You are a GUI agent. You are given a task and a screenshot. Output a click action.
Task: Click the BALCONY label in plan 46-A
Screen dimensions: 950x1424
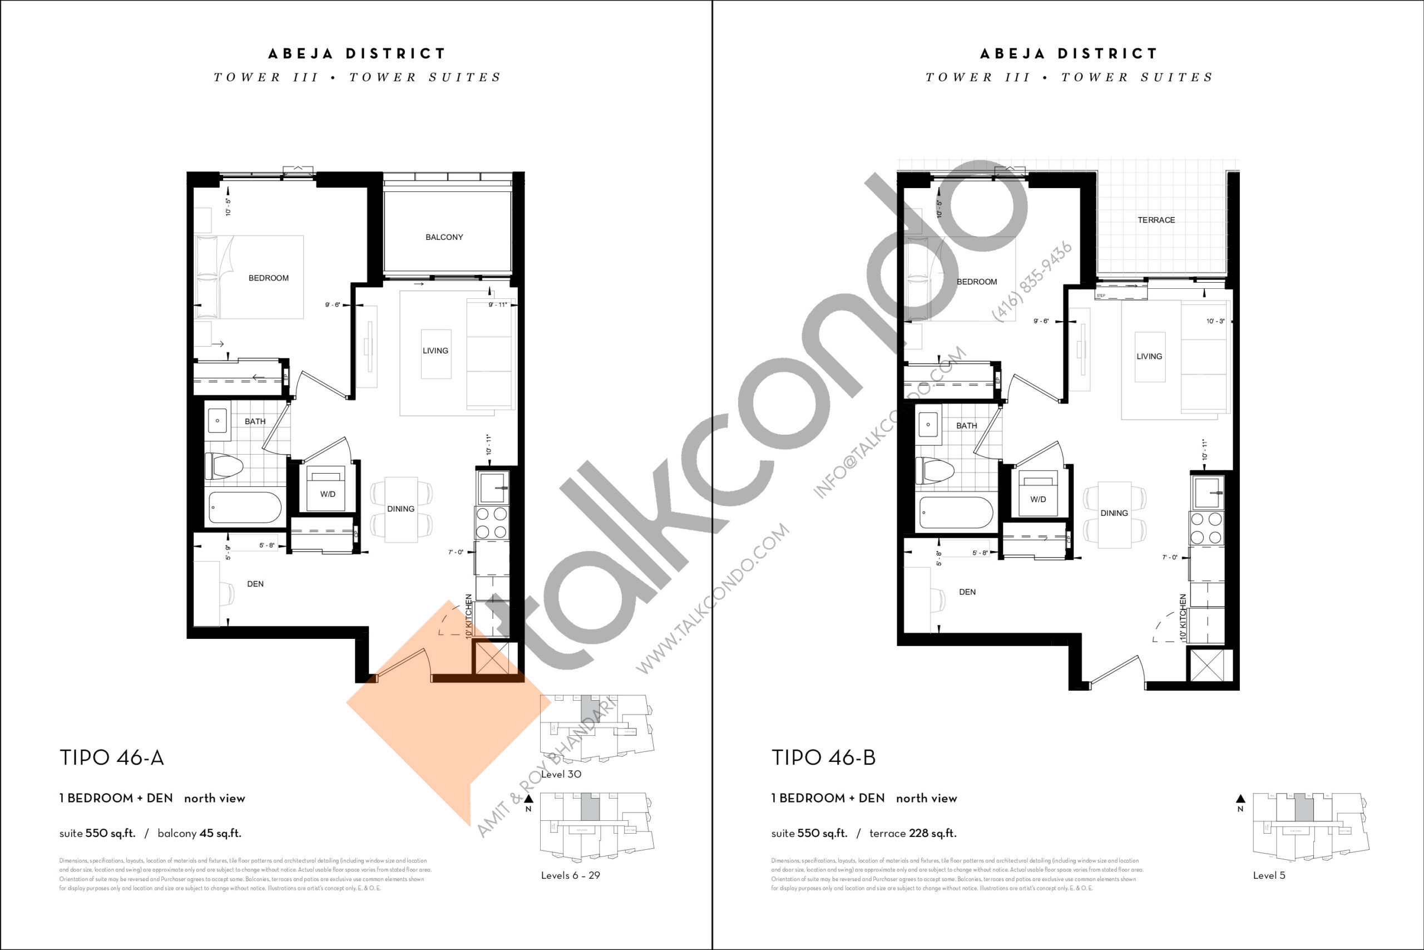pos(444,238)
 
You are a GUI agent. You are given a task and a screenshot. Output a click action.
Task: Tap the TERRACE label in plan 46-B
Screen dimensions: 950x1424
pos(1156,220)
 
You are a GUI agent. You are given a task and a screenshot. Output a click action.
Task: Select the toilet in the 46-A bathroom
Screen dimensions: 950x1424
pos(225,467)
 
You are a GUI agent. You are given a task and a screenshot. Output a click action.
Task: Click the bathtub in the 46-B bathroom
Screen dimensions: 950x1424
pos(956,513)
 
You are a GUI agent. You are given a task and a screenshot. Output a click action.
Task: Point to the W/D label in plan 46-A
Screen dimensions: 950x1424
pos(328,494)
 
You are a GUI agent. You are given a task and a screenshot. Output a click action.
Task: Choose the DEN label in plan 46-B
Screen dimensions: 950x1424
pos(967,592)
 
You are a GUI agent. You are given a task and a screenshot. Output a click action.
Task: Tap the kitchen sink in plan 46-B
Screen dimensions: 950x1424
pos(1207,491)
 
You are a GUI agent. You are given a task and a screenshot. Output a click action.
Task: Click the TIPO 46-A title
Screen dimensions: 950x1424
pos(111,758)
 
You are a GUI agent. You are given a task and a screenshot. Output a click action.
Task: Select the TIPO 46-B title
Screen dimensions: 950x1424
pos(823,758)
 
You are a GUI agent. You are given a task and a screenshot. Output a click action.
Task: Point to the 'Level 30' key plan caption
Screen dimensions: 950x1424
pos(561,774)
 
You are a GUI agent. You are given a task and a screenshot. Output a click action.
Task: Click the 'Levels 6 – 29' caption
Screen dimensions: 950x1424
pos(570,875)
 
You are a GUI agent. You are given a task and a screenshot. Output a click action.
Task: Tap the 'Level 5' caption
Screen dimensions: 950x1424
pos(1269,875)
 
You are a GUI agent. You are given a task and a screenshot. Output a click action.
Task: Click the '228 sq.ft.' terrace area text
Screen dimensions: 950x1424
pos(932,834)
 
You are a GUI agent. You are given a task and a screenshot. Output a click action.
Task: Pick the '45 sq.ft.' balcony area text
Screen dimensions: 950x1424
pos(220,834)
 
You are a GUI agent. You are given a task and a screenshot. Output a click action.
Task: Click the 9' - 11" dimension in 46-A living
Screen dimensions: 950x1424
pos(498,305)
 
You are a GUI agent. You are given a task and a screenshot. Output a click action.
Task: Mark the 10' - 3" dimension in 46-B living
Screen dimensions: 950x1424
pos(1215,321)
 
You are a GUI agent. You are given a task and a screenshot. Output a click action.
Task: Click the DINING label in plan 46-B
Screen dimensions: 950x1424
pos(1114,513)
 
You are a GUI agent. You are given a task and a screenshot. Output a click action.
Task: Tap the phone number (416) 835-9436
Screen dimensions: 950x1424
pos(1032,282)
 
